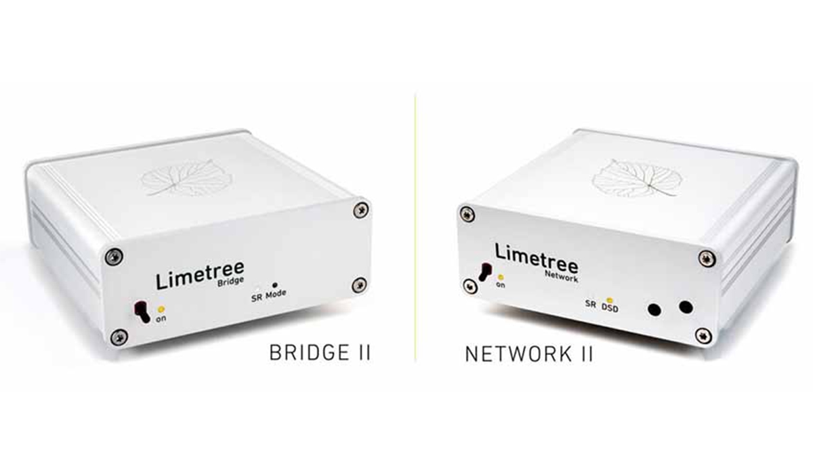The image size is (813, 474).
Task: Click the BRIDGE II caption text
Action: [320, 353]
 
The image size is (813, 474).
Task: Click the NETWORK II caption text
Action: [529, 354]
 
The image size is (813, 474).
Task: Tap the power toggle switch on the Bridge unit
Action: [142, 312]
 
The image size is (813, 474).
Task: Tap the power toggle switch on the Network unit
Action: [485, 272]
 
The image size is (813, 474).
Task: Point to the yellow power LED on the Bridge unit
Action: [161, 309]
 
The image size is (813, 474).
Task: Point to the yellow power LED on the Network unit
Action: [501, 278]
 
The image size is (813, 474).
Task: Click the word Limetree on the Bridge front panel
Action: [200, 276]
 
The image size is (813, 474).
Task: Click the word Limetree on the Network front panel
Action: [537, 258]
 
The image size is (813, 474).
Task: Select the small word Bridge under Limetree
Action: [230, 282]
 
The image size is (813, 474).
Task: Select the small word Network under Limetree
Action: [561, 276]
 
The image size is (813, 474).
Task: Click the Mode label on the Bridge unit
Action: [276, 294]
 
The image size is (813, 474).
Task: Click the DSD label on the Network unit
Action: [610, 307]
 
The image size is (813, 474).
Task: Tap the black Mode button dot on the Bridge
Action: [275, 285]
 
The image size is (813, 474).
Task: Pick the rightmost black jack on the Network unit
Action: [686, 307]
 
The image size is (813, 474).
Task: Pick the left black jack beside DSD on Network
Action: [654, 310]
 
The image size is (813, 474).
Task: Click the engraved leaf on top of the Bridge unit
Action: [187, 178]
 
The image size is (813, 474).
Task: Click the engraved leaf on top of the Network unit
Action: [637, 179]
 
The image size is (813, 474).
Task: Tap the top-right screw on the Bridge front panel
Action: [360, 210]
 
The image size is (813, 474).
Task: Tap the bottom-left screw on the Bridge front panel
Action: [119, 337]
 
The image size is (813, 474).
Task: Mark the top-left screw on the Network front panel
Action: [467, 215]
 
